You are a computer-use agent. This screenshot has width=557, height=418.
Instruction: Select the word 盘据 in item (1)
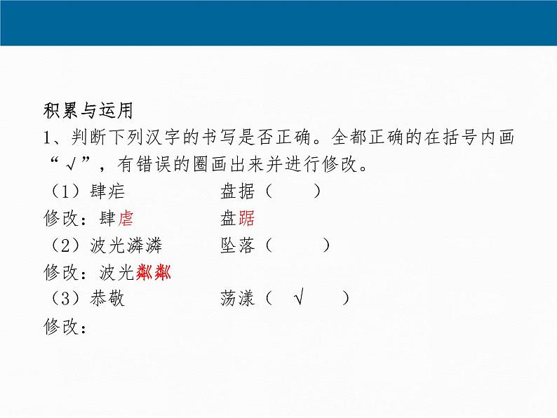pyautogui.click(x=237, y=191)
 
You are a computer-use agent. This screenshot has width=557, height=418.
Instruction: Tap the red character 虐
pyautogui.click(x=126, y=219)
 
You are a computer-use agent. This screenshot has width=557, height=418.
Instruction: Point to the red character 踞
pyautogui.click(x=246, y=219)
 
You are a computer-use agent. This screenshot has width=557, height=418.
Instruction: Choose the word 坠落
pyautogui.click(x=237, y=245)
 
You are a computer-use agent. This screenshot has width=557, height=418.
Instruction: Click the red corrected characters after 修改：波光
pyautogui.click(x=154, y=273)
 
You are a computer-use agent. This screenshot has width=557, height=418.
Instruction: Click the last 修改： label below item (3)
pyautogui.click(x=65, y=327)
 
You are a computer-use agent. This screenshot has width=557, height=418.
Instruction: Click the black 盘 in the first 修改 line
pyautogui.click(x=229, y=219)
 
